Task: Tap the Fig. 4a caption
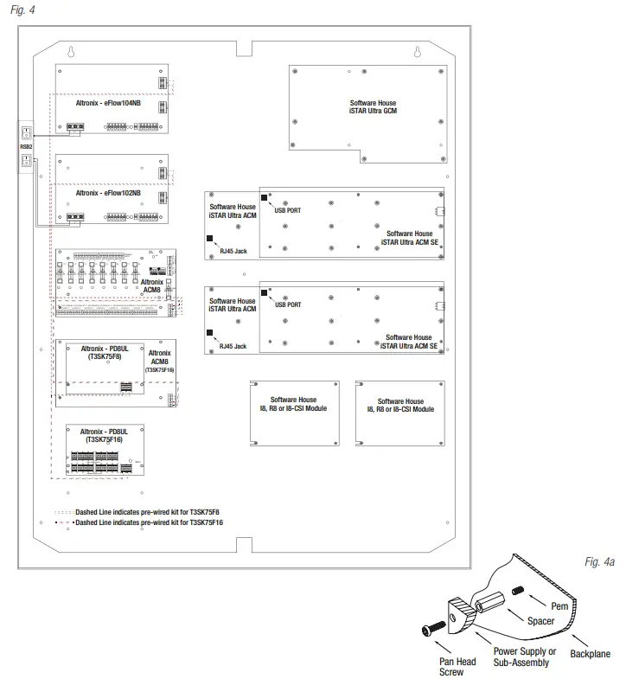pyautogui.click(x=597, y=562)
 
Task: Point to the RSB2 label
pyautogui.click(x=26, y=148)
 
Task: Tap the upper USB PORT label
pyautogui.click(x=287, y=208)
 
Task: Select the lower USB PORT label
pyautogui.click(x=287, y=304)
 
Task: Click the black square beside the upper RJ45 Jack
pyautogui.click(x=210, y=238)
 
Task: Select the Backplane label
pyautogui.click(x=590, y=655)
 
